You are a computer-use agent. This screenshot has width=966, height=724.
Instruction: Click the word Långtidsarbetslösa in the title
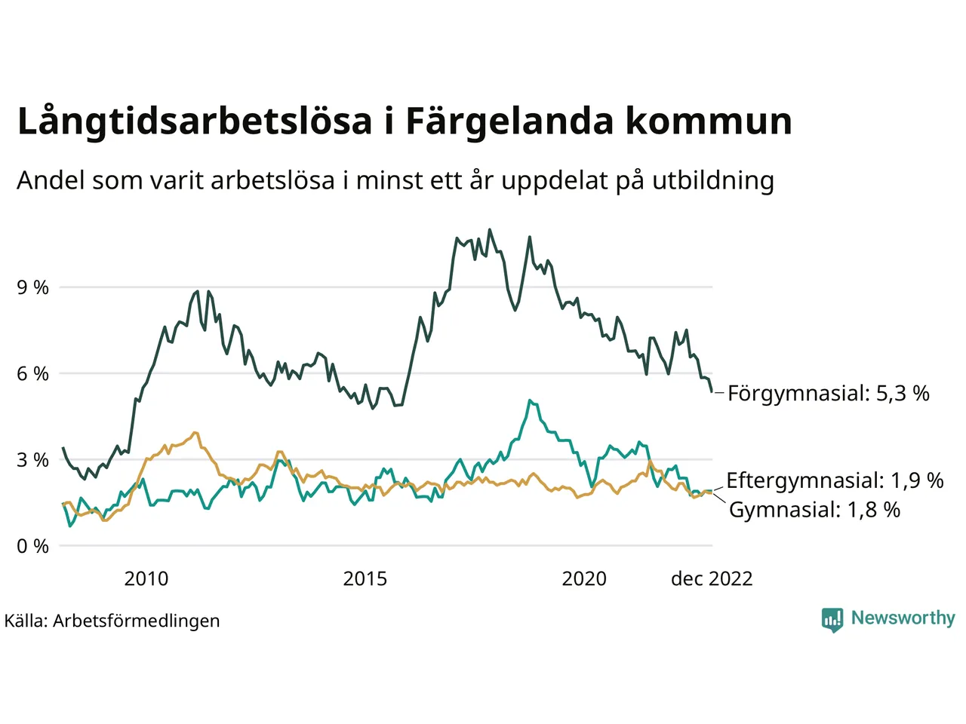coord(195,122)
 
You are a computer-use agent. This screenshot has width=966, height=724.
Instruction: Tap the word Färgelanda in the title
coord(509,122)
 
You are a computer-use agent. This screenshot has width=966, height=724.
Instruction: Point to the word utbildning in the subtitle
coord(713,181)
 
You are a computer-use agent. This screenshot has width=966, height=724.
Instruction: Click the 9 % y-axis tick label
coord(32,287)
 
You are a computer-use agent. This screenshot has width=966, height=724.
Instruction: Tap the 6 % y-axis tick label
coord(32,373)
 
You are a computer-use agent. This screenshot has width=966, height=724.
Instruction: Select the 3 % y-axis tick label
coord(32,460)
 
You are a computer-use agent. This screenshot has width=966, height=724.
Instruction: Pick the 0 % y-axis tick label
coord(32,546)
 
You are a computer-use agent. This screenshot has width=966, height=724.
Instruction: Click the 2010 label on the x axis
coord(146,579)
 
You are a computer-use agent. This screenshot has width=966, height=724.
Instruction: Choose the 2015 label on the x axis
coord(365,579)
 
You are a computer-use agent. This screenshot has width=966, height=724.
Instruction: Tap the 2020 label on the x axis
coord(584,579)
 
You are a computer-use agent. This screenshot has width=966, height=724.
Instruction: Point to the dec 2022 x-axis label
coord(712,579)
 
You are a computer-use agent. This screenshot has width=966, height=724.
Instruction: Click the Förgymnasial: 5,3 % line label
coord(828,394)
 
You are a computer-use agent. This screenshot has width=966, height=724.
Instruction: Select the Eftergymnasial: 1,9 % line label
coord(835,481)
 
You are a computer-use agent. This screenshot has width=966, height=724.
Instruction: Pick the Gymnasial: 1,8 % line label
coord(814,511)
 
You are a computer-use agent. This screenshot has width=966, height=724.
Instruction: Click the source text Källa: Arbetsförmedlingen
coord(112,621)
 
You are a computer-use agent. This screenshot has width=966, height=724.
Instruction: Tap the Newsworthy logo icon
coord(832,619)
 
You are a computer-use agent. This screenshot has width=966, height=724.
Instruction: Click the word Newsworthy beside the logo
coord(903,618)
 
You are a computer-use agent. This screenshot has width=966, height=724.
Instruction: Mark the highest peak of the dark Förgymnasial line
coord(490,229)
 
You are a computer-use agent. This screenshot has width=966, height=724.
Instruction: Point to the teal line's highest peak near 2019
coord(530,400)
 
